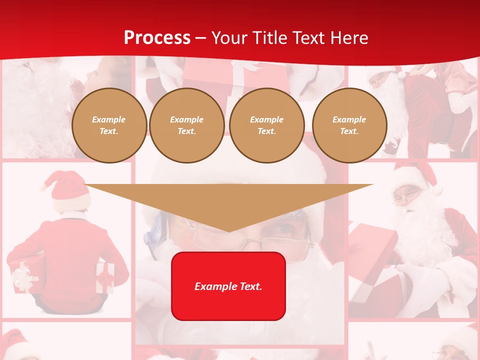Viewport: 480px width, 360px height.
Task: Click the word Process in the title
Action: click(157, 38)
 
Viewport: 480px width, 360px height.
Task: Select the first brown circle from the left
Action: click(109, 125)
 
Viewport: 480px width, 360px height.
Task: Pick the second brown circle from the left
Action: click(187, 125)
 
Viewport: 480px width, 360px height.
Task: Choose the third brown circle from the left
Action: click(267, 125)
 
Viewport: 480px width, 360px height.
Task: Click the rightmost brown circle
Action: click(349, 125)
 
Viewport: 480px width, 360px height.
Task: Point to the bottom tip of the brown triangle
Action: click(228, 231)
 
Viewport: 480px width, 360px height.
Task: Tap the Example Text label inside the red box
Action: click(228, 286)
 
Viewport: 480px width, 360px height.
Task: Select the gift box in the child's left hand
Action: click(22, 277)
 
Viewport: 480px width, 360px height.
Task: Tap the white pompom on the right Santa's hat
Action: click(438, 190)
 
